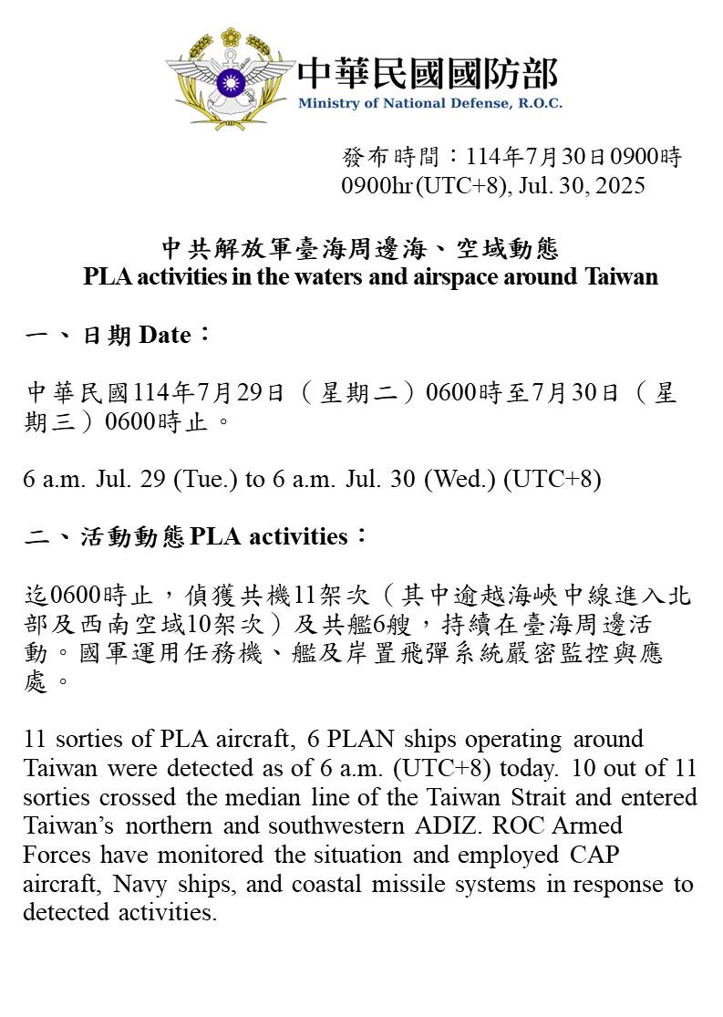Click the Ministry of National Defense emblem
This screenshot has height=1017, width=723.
pyautogui.click(x=230, y=79)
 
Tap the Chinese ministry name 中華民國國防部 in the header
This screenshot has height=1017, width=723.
pyautogui.click(x=428, y=72)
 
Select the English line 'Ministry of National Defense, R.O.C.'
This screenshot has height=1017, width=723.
pyautogui.click(x=429, y=103)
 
